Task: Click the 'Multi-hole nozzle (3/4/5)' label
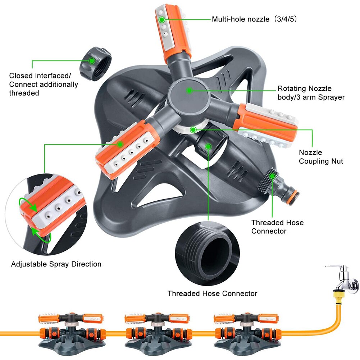[254, 19]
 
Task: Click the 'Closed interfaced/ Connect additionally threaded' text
[44, 84]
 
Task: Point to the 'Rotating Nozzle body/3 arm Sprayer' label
[311, 93]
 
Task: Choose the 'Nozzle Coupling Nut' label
[321, 157]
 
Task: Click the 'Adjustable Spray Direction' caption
[56, 264]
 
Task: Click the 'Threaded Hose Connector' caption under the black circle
[212, 293]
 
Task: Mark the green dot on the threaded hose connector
[272, 176]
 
